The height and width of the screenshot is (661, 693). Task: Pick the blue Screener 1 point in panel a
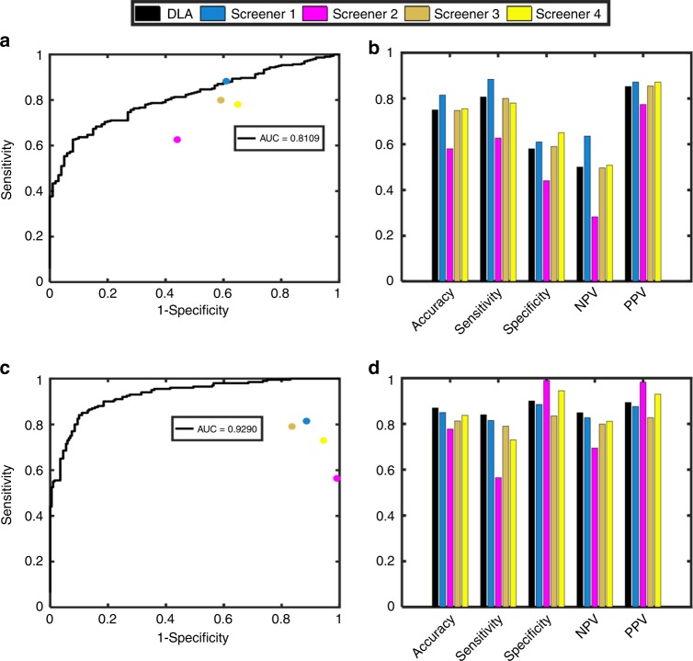[226, 82]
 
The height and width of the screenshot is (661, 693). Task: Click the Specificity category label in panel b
[536, 311]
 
